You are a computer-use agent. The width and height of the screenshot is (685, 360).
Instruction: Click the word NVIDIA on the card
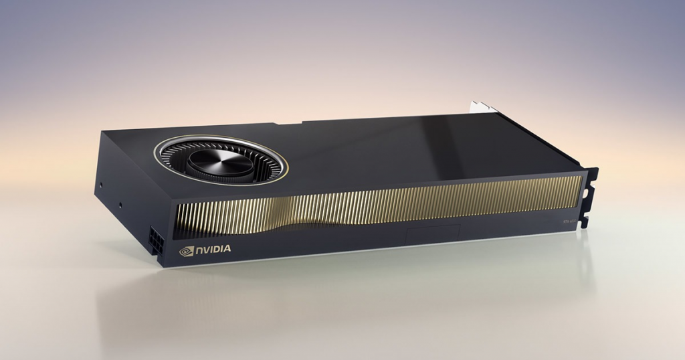pos(213,250)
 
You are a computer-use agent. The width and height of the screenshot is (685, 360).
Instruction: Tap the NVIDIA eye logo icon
pos(185,251)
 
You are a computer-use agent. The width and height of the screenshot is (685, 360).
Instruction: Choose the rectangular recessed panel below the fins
pos(428,236)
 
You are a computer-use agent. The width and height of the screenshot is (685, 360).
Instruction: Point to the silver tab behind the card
pos(483,108)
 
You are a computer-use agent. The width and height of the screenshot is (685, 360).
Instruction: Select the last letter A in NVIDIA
pos(228,249)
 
